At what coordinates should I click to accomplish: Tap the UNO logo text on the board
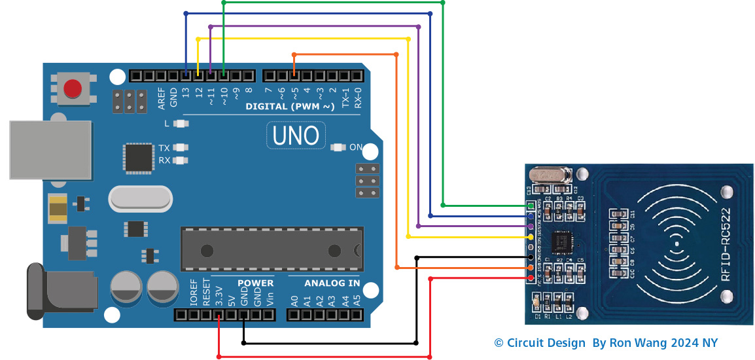click(296, 135)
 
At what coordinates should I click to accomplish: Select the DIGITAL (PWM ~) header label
click(289, 106)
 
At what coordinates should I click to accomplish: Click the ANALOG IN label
click(332, 283)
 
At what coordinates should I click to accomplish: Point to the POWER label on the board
click(255, 283)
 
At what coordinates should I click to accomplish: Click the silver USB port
click(50, 149)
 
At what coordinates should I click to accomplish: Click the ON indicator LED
click(338, 147)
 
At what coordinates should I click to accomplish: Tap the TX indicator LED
click(181, 149)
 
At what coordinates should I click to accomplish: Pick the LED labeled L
click(181, 123)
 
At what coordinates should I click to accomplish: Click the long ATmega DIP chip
click(272, 249)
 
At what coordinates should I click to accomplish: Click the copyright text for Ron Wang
click(605, 343)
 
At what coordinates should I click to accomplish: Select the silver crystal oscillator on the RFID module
click(552, 175)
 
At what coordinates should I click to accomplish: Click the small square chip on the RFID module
click(562, 242)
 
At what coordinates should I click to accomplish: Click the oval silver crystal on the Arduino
click(140, 198)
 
